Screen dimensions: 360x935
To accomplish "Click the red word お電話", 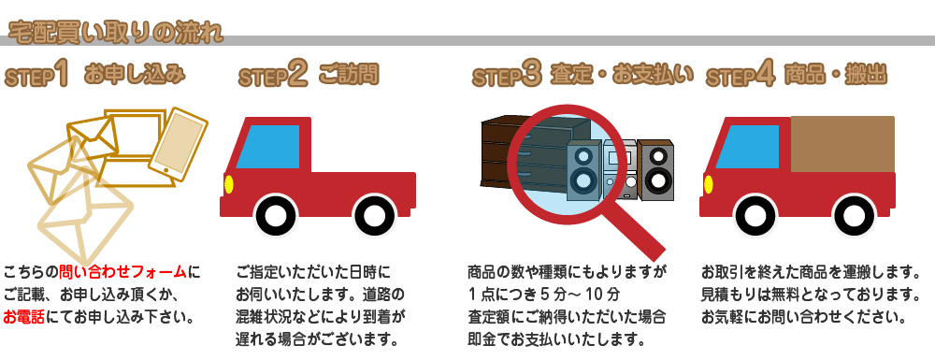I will (26, 316).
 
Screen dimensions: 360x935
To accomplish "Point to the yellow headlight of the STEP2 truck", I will (228, 183).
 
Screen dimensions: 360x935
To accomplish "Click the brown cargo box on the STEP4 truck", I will (841, 144).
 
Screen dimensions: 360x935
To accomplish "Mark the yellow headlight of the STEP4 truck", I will (707, 183).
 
